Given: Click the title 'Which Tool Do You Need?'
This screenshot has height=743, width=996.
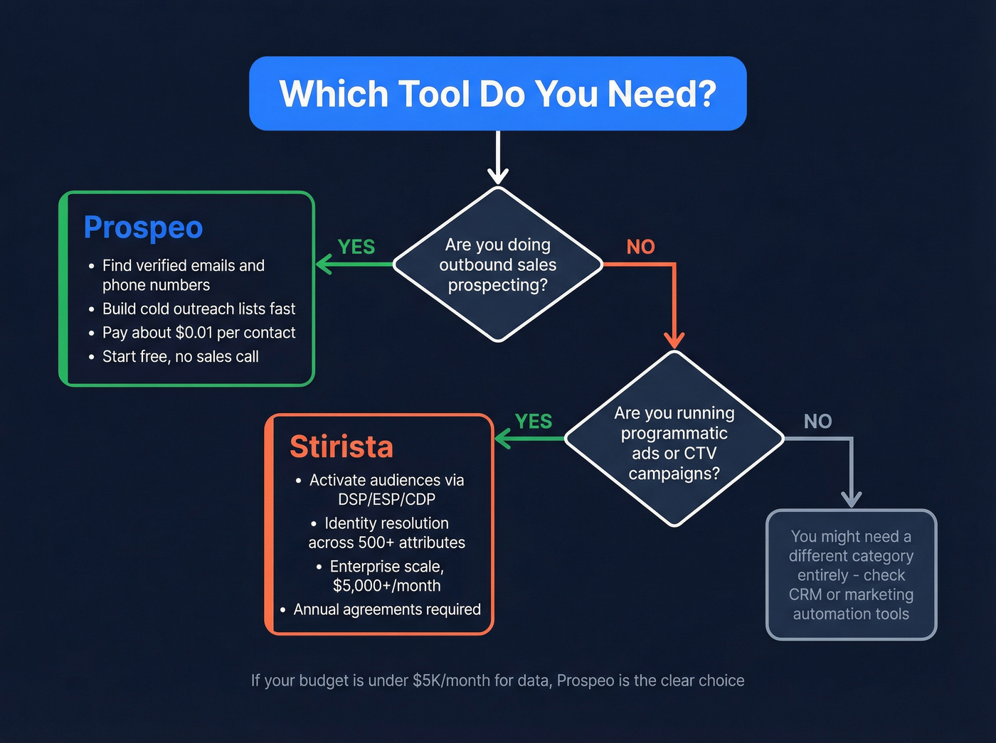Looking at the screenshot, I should (497, 94).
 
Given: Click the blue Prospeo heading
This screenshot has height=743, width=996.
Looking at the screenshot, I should (143, 228).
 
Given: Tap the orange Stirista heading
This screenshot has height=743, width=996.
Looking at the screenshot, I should (341, 447).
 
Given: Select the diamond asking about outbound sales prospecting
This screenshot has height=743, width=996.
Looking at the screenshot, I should (497, 264).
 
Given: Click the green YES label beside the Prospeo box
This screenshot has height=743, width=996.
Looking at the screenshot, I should (356, 247).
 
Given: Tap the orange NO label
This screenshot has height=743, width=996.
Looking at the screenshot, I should (640, 247).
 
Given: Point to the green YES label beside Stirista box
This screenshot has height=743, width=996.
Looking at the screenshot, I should (533, 422).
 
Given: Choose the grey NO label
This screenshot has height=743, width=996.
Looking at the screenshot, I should (817, 422).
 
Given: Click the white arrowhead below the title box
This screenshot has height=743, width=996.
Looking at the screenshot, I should (498, 176).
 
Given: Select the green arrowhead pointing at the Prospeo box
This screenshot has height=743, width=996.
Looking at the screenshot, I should (324, 264).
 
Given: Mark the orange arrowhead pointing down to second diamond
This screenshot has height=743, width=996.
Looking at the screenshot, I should (674, 339).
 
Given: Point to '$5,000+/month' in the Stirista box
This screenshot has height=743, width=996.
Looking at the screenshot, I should (386, 586).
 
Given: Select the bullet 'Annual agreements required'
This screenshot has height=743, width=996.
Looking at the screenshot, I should (386, 609).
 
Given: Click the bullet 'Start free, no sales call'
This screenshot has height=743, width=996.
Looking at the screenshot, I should (180, 357).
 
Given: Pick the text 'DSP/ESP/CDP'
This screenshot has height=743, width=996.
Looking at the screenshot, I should (386, 500).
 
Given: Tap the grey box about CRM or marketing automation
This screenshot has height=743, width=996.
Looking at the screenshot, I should (851, 575).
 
